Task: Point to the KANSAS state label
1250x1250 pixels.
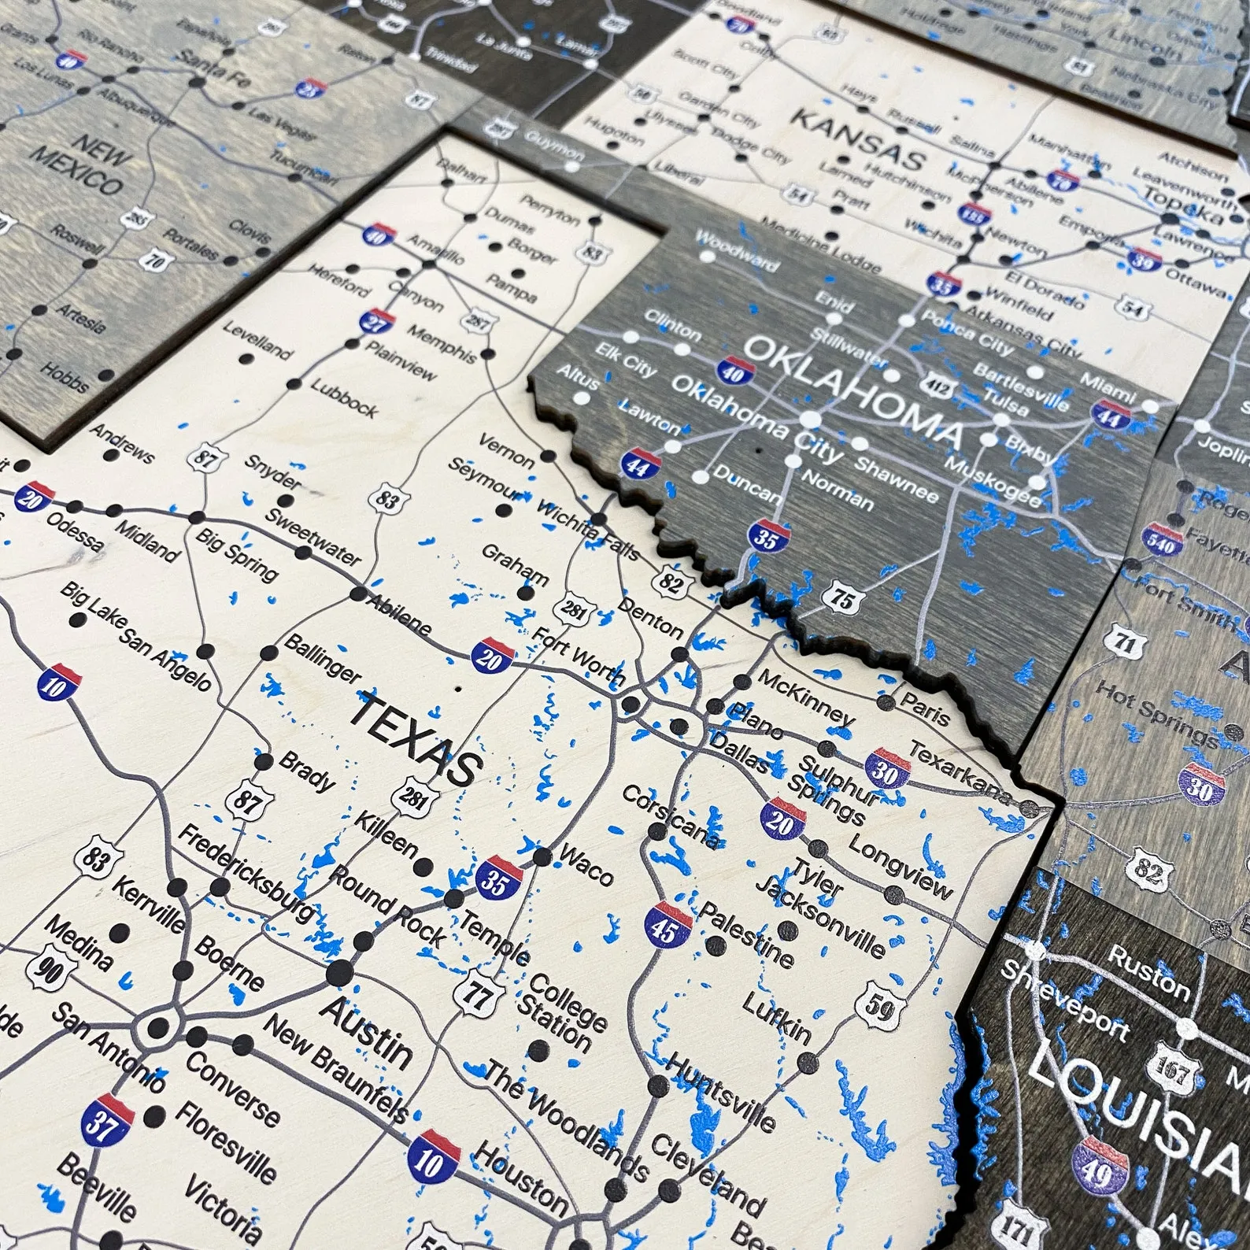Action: pos(856,139)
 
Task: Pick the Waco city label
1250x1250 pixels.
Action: pos(586,864)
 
